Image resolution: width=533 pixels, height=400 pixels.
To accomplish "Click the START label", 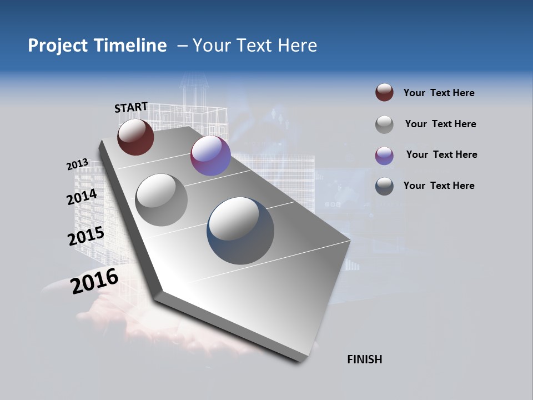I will coord(131,107).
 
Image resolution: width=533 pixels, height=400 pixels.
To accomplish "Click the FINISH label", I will coord(364,359).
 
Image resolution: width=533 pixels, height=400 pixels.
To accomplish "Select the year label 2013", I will coord(77,164).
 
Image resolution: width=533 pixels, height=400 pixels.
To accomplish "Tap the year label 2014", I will coord(82,197).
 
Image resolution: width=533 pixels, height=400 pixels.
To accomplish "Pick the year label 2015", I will coord(86,236).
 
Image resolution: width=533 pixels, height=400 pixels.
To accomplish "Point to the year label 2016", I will coord(94,281).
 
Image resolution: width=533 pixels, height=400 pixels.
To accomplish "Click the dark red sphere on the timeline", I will coord(135,137).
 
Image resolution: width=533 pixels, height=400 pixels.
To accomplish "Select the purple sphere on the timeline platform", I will coord(210,156).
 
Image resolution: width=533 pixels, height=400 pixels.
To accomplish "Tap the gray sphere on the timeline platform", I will coord(161,199).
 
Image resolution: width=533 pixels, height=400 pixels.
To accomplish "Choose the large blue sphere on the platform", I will coord(240,231).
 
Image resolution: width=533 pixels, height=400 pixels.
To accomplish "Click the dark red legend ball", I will coord(384,93).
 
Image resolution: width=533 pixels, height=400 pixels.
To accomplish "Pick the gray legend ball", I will coord(384,124).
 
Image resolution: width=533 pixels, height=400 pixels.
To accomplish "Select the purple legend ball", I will coord(384,155).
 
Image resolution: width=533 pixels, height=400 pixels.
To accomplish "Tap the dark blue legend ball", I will coord(384,186).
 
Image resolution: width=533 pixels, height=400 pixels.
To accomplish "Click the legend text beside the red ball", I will coord(439,93).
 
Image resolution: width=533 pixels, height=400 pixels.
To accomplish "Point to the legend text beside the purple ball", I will coord(441,154).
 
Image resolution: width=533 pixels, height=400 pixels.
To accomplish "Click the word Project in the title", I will coord(58,46).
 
